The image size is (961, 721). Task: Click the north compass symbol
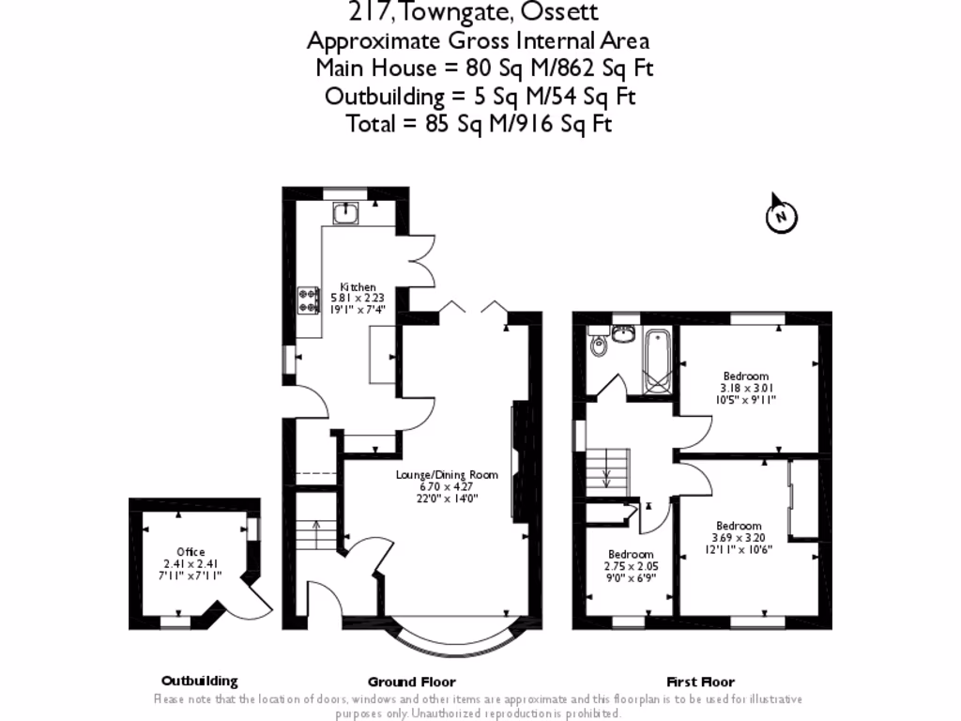click(781, 217)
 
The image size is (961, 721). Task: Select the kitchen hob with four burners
click(308, 299)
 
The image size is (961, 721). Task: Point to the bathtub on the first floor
click(655, 360)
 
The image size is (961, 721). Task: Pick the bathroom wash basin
click(622, 332)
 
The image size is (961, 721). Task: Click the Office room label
click(191, 552)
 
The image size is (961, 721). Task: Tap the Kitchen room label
click(358, 287)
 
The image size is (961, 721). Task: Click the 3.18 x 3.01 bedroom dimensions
click(746, 388)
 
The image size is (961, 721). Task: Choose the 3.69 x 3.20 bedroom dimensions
click(740, 538)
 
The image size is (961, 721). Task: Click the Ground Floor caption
click(411, 682)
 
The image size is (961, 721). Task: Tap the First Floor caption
click(700, 682)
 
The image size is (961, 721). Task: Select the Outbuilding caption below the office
click(199, 682)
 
